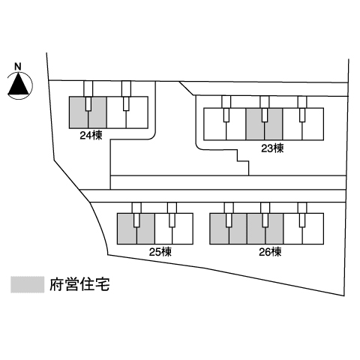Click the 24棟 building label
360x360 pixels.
(91, 136)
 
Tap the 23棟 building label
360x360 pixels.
(272, 148)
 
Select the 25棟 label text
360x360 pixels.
(160, 252)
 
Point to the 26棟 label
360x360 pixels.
(270, 252)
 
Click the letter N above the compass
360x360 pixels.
(18, 67)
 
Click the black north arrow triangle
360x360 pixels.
(18, 83)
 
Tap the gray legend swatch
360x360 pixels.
(28, 284)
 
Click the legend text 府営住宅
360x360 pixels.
(79, 284)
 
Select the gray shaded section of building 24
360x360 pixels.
(88, 112)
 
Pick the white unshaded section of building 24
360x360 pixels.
(127, 112)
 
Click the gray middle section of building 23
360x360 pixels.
(264, 124)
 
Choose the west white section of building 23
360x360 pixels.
(225, 124)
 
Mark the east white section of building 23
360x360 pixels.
(303, 124)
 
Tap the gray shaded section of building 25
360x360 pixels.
(136, 229)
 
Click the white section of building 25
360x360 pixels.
(174, 229)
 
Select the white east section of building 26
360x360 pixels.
(303, 229)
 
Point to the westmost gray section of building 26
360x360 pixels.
(229, 229)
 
